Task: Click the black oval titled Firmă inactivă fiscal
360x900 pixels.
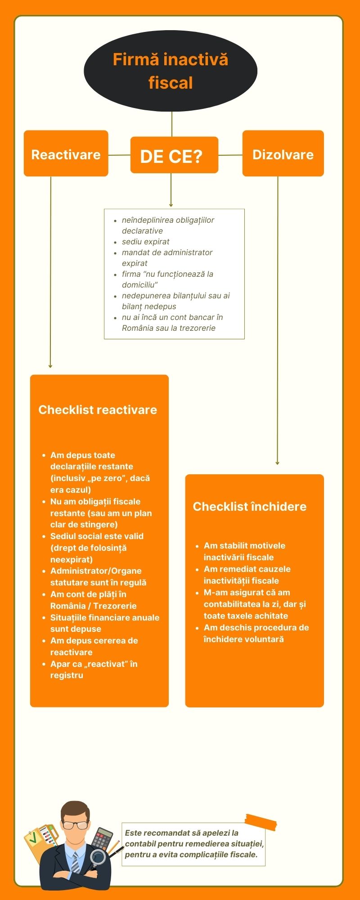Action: (x=171, y=71)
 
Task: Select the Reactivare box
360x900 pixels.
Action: (x=66, y=154)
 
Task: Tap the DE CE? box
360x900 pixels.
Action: (x=174, y=155)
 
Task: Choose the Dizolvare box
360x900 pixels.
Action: (x=283, y=154)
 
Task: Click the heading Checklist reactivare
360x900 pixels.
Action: (x=98, y=410)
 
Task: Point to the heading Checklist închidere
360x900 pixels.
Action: (x=249, y=507)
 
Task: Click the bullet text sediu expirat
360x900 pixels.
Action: (x=145, y=242)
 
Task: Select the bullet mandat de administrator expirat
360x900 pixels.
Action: (x=166, y=258)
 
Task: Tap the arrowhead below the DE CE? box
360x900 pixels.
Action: (x=171, y=204)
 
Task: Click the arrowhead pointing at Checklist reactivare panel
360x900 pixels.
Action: (x=50, y=366)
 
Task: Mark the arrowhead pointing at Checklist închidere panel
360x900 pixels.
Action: (x=277, y=463)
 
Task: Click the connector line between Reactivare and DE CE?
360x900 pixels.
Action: (x=119, y=155)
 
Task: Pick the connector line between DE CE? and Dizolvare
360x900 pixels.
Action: (x=230, y=155)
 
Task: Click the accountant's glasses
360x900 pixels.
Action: (x=75, y=825)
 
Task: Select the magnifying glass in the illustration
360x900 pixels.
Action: (x=98, y=858)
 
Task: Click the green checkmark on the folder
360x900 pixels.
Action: (x=32, y=839)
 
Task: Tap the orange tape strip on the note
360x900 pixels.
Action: (x=261, y=822)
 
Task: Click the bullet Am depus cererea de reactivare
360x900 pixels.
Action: (x=94, y=646)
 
